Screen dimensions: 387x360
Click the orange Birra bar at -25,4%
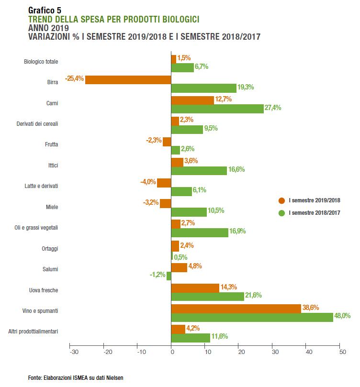(x=128, y=79)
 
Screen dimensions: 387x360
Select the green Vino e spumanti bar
(x=252, y=317)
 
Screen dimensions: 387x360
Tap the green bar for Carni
(x=217, y=109)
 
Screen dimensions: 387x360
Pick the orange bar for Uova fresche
(x=195, y=288)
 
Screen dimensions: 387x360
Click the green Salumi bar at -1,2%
(x=169, y=276)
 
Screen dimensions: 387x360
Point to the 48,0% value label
(x=342, y=316)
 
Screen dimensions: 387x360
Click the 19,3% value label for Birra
(x=245, y=88)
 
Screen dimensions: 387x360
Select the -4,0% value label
(x=148, y=182)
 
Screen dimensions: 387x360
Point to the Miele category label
(x=52, y=207)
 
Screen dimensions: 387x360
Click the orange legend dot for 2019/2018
(x=281, y=200)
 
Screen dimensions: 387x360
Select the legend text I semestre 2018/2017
(x=315, y=212)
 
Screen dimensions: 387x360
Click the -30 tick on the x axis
(x=74, y=353)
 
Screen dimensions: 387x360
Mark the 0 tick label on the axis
(x=171, y=353)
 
